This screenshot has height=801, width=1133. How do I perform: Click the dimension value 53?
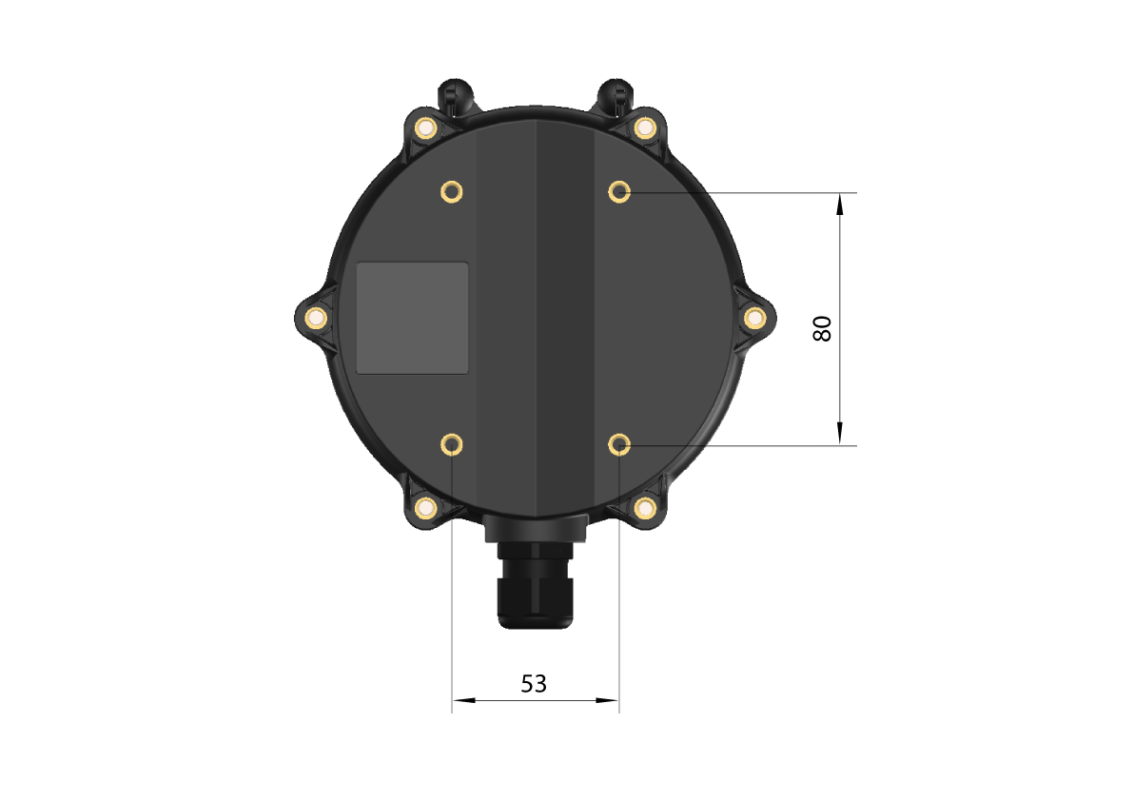point(534,683)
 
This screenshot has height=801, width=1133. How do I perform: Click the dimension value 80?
point(822,328)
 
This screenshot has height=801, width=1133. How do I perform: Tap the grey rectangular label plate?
point(413,318)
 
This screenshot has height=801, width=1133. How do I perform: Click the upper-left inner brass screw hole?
point(452,192)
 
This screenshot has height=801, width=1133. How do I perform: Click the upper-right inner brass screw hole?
point(619,192)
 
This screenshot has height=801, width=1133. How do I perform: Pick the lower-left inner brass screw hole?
point(452,444)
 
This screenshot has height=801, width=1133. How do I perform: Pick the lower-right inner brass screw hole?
point(619,444)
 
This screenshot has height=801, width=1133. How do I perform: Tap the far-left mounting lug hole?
point(316,318)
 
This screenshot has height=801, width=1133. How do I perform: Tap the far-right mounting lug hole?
point(755,318)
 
